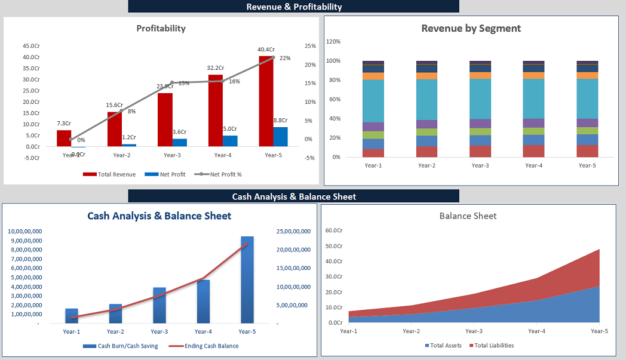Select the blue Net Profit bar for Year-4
click(x=231, y=141)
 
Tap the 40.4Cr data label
click(x=266, y=50)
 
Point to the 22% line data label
click(x=285, y=58)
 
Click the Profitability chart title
click(x=161, y=28)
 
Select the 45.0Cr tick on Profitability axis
click(x=31, y=46)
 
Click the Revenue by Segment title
click(x=471, y=28)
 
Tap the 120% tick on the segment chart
click(x=333, y=42)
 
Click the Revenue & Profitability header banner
click(x=294, y=7)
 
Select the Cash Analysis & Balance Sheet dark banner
click(x=294, y=196)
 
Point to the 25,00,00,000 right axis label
click(x=294, y=231)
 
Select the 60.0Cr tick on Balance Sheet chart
click(x=334, y=230)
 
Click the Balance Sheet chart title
click(x=468, y=216)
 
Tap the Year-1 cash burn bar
click(x=72, y=316)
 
